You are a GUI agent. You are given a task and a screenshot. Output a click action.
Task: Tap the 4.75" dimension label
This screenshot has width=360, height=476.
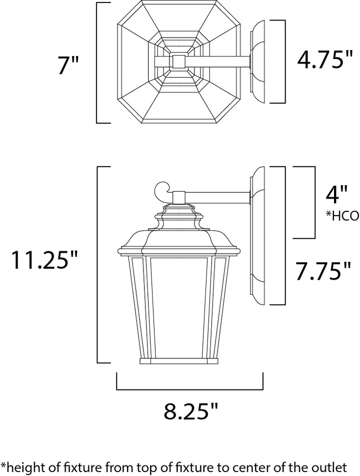click(325, 59)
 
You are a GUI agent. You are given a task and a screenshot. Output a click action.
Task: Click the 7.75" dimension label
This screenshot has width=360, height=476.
click(323, 271)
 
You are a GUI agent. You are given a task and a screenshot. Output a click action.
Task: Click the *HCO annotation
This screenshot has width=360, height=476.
click(342, 216)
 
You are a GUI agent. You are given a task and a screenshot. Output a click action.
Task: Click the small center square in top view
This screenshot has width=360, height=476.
click(178, 61)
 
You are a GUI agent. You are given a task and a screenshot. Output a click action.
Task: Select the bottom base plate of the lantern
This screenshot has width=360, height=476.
click(179, 361)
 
